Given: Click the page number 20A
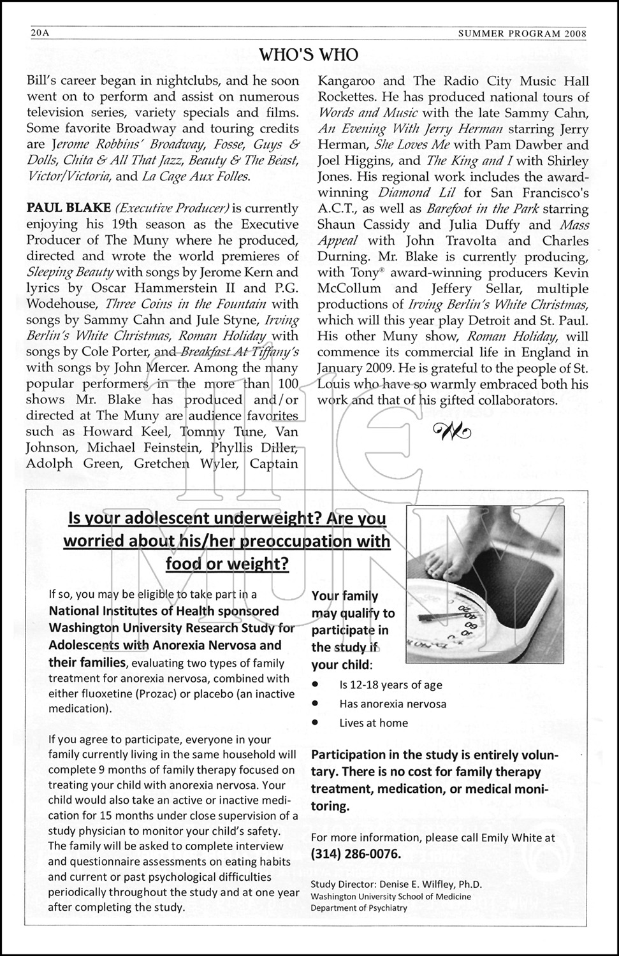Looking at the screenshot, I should (x=40, y=33).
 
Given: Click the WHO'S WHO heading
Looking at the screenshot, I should (x=309, y=55).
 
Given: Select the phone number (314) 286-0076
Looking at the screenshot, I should (x=356, y=853).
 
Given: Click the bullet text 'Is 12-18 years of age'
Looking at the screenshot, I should (x=390, y=685).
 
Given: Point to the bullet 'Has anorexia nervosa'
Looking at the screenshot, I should (x=393, y=704).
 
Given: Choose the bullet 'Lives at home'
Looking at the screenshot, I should (x=374, y=723).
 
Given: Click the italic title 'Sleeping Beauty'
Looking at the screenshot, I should (x=70, y=272).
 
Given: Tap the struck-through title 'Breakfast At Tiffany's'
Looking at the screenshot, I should (x=239, y=352).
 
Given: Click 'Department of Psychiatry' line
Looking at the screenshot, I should (x=358, y=908).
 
